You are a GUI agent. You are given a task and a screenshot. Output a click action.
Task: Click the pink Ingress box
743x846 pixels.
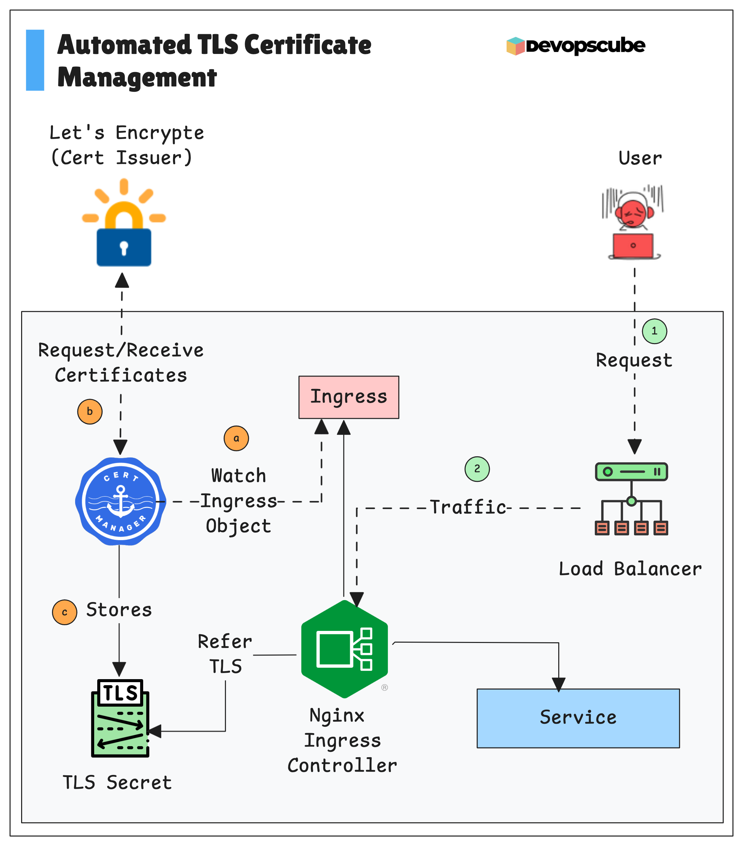349,397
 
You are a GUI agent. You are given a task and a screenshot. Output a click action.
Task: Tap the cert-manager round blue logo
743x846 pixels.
120,501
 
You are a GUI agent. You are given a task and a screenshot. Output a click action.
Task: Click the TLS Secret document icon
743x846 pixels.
120,718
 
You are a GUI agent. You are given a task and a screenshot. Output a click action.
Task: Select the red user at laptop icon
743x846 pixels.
633,223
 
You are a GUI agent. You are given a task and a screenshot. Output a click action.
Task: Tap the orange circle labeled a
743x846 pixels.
236,438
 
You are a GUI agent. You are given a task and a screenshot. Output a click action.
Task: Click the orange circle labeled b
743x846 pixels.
90,411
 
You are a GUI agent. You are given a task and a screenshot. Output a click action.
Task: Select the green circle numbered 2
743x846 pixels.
477,469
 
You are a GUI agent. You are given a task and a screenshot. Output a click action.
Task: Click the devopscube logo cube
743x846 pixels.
515,46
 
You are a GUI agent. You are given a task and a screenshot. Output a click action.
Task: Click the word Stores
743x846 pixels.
119,610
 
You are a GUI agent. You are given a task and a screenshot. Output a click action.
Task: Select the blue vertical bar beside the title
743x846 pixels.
35,60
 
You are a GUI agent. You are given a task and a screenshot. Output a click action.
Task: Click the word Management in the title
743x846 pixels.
137,77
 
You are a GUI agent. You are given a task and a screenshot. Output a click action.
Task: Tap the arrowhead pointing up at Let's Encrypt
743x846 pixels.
122,281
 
